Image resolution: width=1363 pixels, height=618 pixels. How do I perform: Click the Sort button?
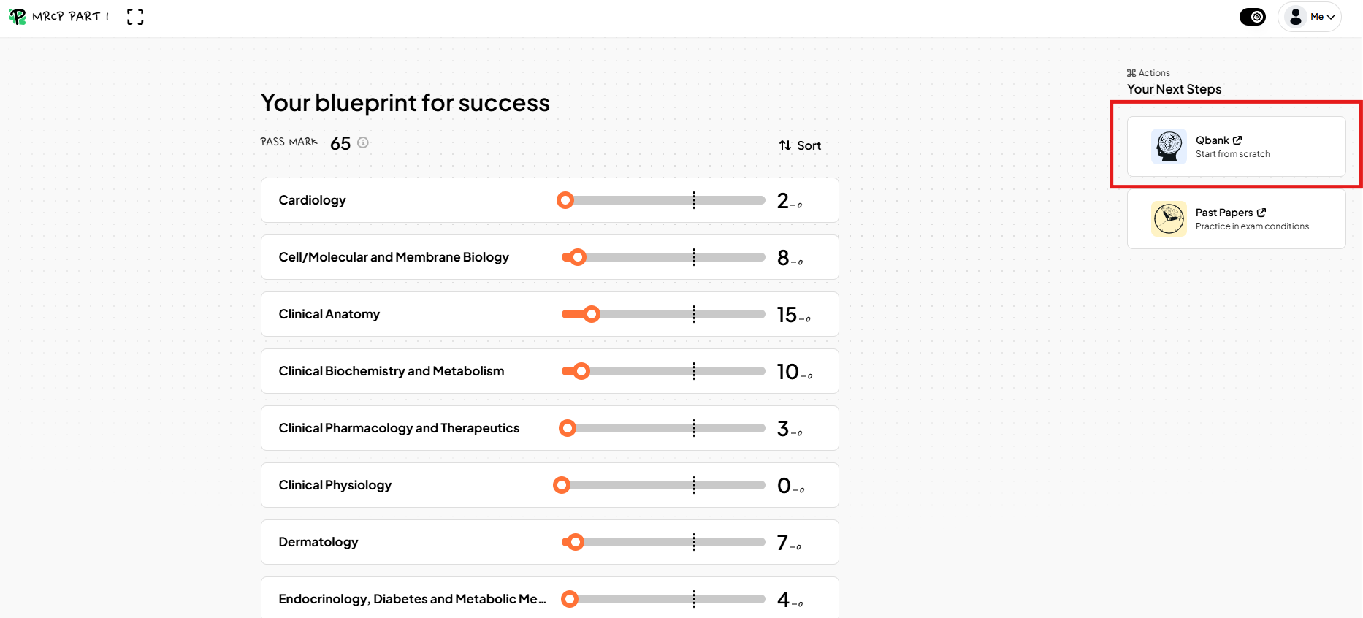pyautogui.click(x=800, y=145)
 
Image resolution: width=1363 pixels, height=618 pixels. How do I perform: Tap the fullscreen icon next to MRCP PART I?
pyautogui.click(x=135, y=17)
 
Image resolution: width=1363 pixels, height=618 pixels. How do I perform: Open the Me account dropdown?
pyautogui.click(x=1310, y=17)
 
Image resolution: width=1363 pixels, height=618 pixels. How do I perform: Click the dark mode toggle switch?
pyautogui.click(x=1253, y=17)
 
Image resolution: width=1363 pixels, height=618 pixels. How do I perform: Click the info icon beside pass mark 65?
pyautogui.click(x=363, y=142)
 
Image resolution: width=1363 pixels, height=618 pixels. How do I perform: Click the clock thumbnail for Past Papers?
pyautogui.click(x=1169, y=219)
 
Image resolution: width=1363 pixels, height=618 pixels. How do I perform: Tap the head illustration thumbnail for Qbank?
pyautogui.click(x=1169, y=146)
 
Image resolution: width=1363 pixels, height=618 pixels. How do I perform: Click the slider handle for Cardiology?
pyautogui.click(x=565, y=200)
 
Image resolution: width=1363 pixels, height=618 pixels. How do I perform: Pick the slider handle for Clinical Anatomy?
pyautogui.click(x=592, y=314)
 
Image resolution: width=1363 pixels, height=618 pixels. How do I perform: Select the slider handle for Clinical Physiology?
pyautogui.click(x=562, y=485)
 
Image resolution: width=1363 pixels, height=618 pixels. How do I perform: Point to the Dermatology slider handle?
pyautogui.click(x=576, y=542)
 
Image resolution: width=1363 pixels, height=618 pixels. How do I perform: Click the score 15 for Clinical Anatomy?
pyautogui.click(x=787, y=315)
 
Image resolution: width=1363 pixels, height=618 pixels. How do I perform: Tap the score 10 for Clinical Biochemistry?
pyautogui.click(x=787, y=372)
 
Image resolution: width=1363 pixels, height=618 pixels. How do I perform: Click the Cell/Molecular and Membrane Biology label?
pyautogui.click(x=394, y=257)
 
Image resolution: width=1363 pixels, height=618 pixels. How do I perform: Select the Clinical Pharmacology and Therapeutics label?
pyautogui.click(x=399, y=428)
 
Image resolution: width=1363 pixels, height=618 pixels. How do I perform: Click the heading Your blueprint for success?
pyautogui.click(x=405, y=103)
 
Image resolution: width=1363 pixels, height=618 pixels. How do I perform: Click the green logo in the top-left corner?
pyautogui.click(x=17, y=17)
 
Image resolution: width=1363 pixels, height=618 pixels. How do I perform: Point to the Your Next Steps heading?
pyautogui.click(x=1175, y=89)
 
